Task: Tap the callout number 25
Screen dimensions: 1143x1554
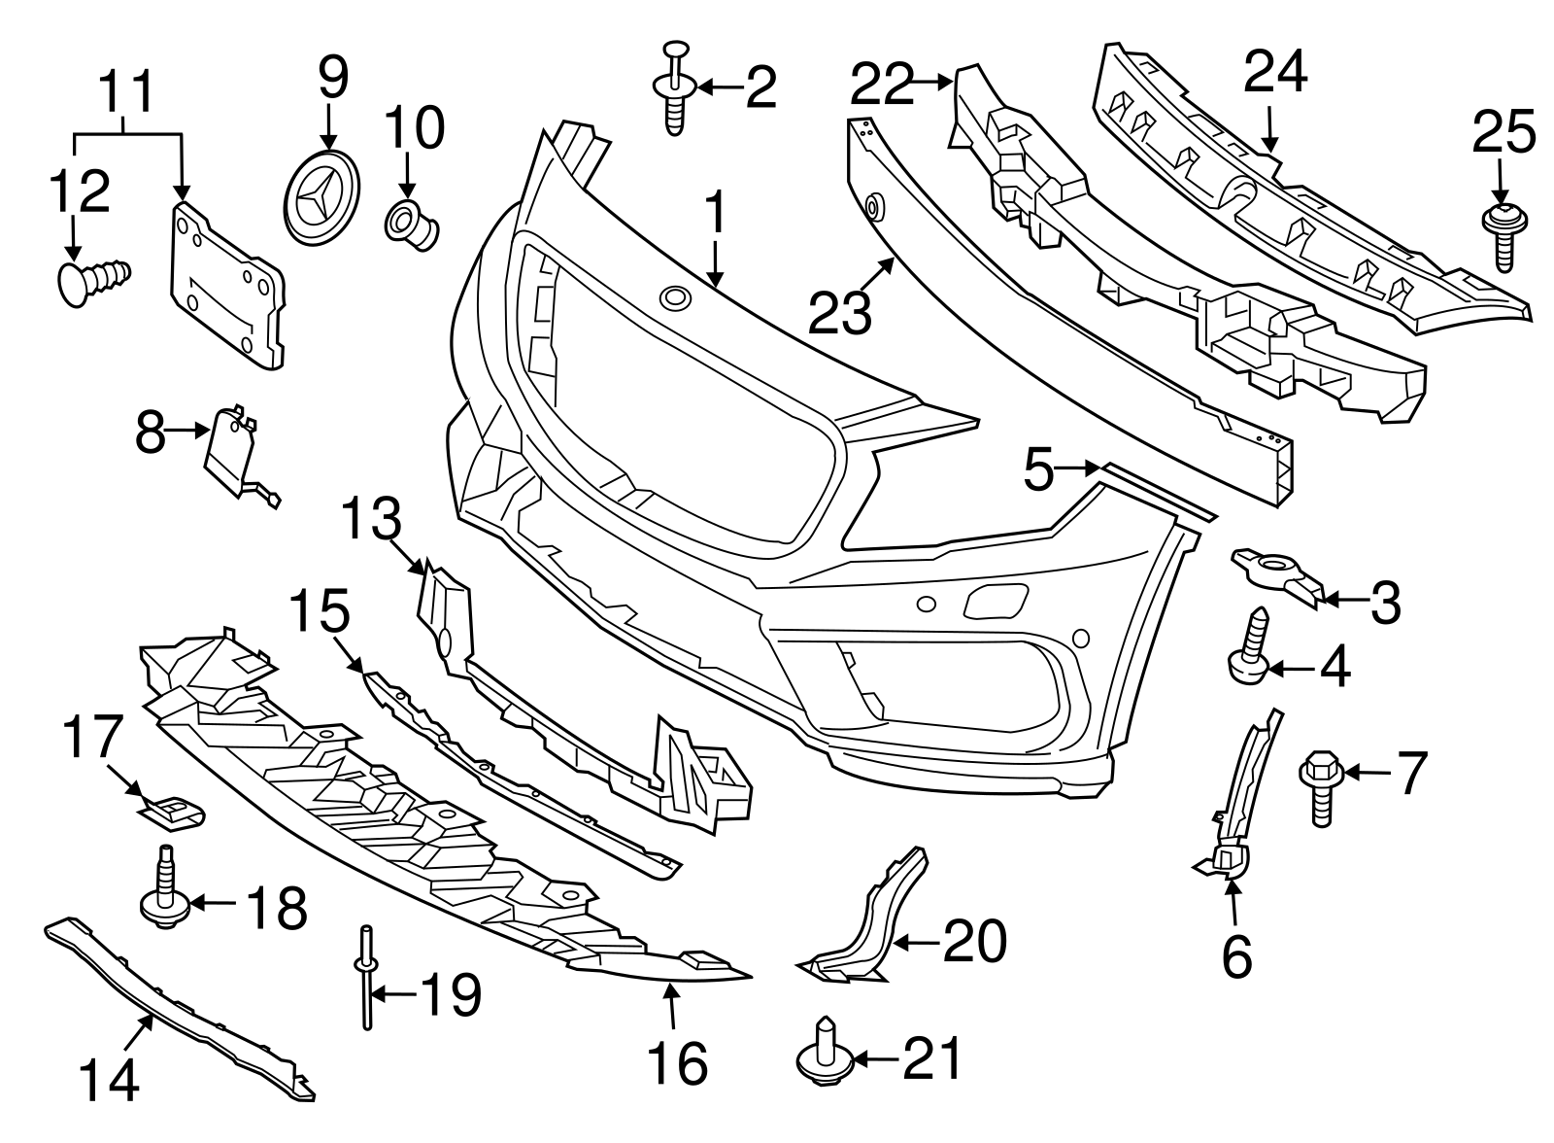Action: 1503,133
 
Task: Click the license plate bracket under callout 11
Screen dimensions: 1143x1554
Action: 227,285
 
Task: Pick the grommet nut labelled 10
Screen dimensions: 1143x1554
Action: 412,224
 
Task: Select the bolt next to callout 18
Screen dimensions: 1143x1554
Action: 163,889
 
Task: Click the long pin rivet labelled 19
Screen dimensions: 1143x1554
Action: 366,977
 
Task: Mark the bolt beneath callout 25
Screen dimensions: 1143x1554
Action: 1502,237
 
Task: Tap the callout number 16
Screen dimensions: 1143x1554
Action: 677,1064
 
